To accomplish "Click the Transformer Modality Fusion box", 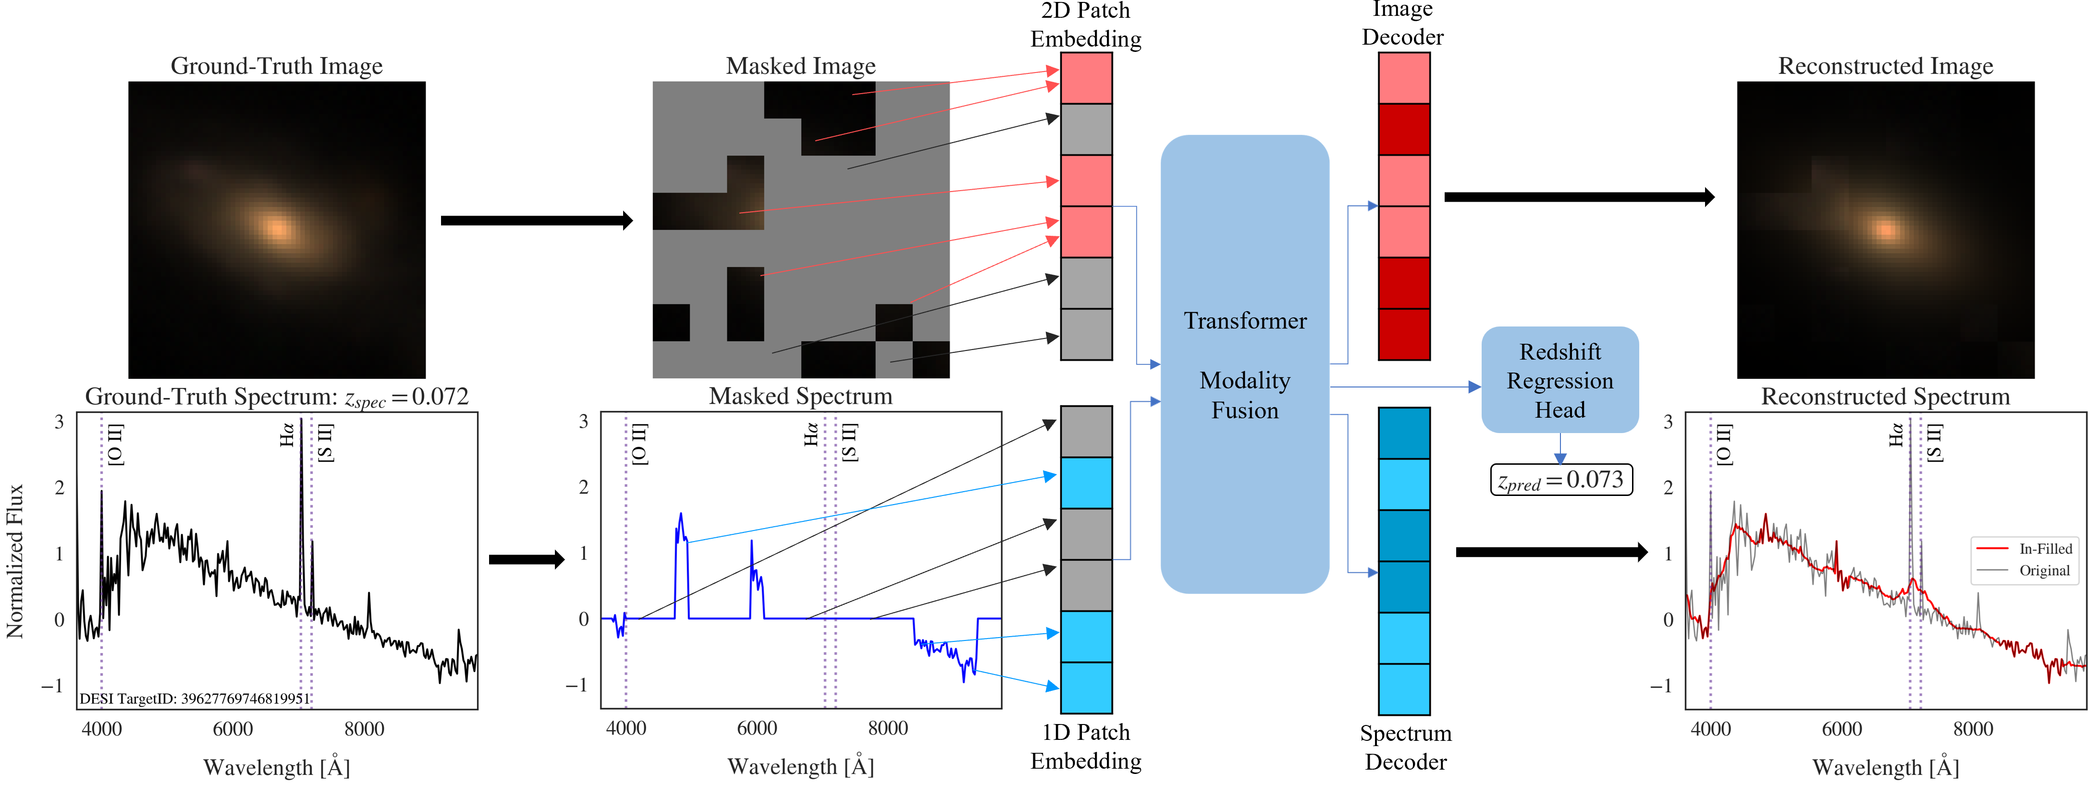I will tap(1244, 364).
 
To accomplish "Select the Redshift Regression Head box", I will tap(1559, 380).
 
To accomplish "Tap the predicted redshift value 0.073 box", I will tap(1560, 480).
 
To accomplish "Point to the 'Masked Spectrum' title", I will tap(800, 397).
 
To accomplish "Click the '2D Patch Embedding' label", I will tap(1085, 25).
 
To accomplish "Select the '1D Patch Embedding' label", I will tap(1085, 746).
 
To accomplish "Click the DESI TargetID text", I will tap(194, 699).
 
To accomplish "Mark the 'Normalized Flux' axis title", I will tap(15, 561).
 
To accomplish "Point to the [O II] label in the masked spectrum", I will tap(639, 444).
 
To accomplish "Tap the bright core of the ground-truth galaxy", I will tap(277, 228).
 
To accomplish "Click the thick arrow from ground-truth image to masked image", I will tap(536, 221).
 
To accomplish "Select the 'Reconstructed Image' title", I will tap(1885, 66).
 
